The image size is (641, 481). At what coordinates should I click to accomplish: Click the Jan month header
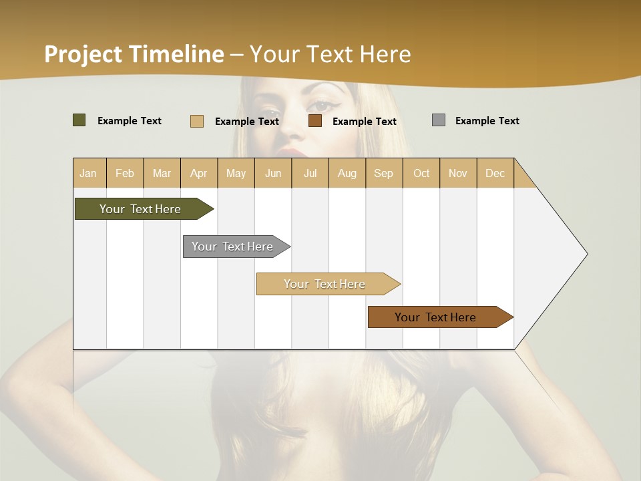(x=88, y=173)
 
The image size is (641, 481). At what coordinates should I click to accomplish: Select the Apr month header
(x=198, y=173)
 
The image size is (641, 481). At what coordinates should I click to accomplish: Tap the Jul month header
(x=310, y=173)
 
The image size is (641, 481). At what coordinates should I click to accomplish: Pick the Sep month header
(x=383, y=173)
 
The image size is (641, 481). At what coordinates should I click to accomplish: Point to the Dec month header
(x=495, y=173)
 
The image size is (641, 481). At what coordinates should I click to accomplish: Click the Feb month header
(x=124, y=173)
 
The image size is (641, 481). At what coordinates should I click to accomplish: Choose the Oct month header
(x=421, y=173)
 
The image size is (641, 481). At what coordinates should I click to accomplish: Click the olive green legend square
(x=79, y=120)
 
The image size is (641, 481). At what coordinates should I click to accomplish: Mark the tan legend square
(x=197, y=121)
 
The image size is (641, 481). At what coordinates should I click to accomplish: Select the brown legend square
(x=315, y=121)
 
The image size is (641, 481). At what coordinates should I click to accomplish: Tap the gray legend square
(x=439, y=120)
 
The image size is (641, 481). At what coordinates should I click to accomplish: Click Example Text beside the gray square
(x=487, y=120)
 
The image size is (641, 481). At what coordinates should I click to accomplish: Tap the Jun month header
(x=273, y=173)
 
